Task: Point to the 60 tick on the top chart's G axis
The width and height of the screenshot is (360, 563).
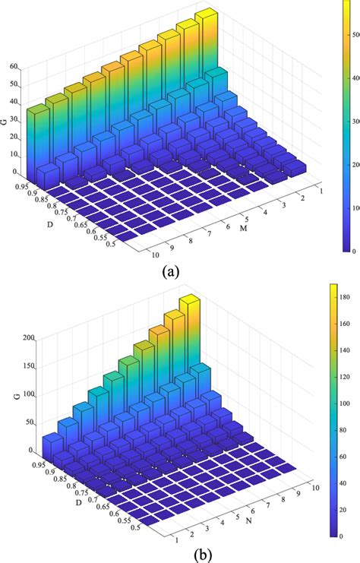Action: pos(13,66)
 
